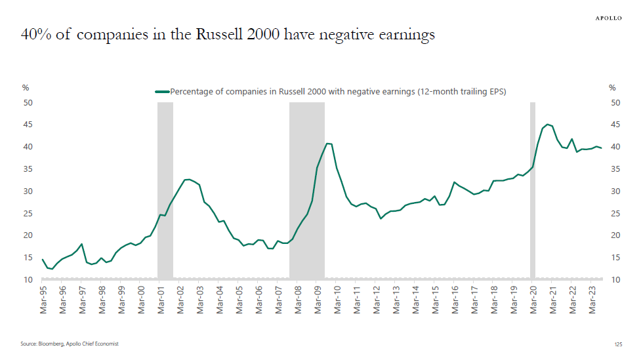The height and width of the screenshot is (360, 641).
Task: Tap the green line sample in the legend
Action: pos(162,92)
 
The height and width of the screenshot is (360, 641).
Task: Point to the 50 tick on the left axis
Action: pos(28,103)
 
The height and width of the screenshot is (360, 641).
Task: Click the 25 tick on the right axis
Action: pos(615,213)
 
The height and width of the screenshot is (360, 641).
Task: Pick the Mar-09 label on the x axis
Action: pos(318,298)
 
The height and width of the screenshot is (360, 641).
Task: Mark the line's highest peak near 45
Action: pos(547,124)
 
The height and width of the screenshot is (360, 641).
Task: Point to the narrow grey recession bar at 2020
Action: pos(533,190)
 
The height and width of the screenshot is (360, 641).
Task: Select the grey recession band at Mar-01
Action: pos(165,190)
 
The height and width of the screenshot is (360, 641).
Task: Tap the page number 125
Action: pos(617,344)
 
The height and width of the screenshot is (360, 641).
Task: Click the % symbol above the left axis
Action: pos(26,88)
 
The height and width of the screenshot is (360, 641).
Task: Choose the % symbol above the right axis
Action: pos(612,88)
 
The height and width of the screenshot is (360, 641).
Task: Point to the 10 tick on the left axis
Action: pos(28,280)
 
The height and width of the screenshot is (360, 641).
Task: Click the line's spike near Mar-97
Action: pos(81,244)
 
